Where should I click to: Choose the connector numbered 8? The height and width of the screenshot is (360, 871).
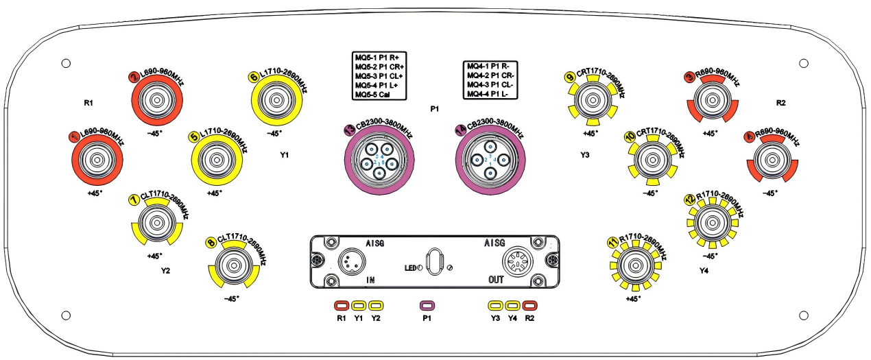[x=234, y=265]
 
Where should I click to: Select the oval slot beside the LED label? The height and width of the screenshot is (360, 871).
[x=434, y=262]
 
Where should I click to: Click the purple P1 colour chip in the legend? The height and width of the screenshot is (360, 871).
[x=427, y=305]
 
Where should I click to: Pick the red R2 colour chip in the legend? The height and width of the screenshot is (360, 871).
[x=529, y=305]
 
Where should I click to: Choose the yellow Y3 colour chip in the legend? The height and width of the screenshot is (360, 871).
[x=495, y=305]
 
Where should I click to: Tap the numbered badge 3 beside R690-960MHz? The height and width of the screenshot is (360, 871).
[x=691, y=79]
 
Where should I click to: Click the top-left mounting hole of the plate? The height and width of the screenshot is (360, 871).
[x=66, y=63]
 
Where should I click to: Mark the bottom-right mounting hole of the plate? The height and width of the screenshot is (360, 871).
[x=804, y=315]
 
